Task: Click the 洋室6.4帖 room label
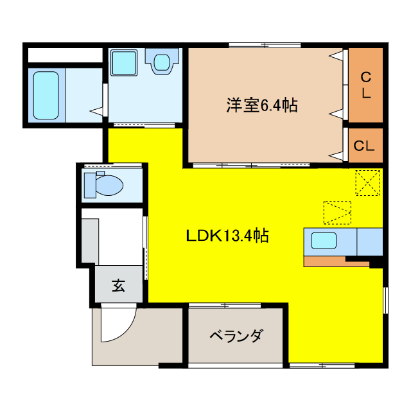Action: pos(261,105)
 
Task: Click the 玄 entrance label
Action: pos(119,285)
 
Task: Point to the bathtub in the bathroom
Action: pos(46,95)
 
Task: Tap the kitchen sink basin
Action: pos(326,241)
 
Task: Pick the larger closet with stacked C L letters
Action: pos(365,85)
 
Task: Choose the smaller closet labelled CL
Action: pos(365,146)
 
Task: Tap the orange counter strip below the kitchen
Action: pos(328,261)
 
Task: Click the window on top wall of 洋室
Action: pos(264,45)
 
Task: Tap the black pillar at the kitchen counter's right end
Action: pos(378,261)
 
